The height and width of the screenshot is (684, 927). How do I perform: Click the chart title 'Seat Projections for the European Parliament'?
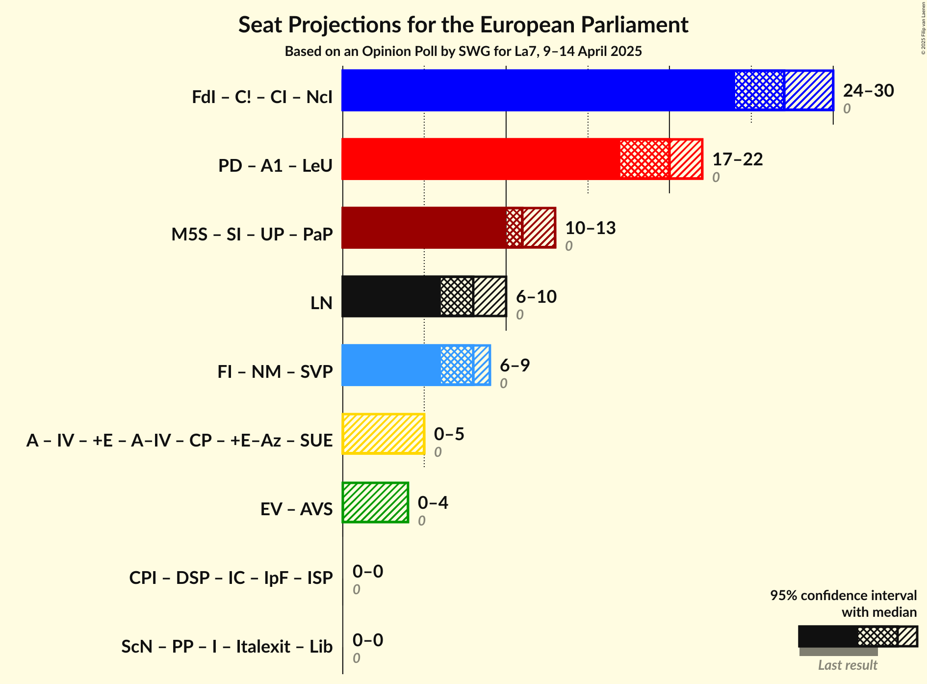463,25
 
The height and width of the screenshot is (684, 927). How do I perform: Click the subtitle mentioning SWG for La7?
463,52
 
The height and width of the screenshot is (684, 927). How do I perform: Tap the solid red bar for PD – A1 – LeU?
481,159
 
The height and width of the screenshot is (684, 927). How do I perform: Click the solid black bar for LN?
391,296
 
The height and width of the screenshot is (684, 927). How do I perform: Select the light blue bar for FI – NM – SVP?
391,365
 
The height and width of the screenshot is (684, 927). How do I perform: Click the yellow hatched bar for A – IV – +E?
383,434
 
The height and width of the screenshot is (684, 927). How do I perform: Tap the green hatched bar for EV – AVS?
375,502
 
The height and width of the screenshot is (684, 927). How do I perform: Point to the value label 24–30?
868,91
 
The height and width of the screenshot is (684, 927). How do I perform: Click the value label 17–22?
737,159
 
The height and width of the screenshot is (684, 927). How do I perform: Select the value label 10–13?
590,228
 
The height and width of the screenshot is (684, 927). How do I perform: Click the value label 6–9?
515,366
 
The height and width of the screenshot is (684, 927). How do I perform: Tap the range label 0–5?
449,434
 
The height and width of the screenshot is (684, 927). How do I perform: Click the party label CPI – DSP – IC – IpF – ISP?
231,578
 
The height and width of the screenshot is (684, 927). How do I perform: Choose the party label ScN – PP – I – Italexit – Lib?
227,647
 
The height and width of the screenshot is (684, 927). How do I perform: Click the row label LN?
321,303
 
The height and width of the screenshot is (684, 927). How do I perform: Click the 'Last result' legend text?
847,665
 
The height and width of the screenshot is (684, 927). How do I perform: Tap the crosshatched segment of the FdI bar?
759,90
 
